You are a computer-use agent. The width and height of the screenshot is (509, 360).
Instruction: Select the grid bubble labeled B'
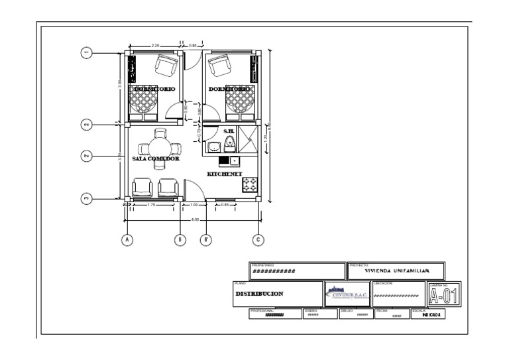point(206,239)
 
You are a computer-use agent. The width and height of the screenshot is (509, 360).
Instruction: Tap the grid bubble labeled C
point(258,239)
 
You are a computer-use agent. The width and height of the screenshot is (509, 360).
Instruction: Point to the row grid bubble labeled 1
point(86,53)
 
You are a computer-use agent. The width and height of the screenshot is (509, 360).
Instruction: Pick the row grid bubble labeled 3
point(86,198)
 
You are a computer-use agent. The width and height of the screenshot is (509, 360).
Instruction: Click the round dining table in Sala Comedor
point(159,147)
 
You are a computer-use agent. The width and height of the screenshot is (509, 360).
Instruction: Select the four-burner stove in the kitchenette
point(250,185)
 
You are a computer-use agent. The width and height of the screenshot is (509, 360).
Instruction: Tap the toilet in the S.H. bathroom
point(230,143)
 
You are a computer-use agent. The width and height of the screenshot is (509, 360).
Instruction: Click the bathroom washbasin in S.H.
point(213,147)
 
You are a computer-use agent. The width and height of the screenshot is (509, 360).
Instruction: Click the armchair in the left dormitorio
point(166,65)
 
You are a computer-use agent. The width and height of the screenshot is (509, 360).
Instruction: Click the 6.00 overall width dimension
point(194,219)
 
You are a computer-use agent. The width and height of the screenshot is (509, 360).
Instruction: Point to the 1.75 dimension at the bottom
point(152,205)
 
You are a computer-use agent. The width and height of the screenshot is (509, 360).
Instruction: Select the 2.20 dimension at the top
point(155,45)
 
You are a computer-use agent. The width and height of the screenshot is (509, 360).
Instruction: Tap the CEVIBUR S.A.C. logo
point(347,293)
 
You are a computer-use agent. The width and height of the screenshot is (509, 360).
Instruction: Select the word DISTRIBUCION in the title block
point(260,294)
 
